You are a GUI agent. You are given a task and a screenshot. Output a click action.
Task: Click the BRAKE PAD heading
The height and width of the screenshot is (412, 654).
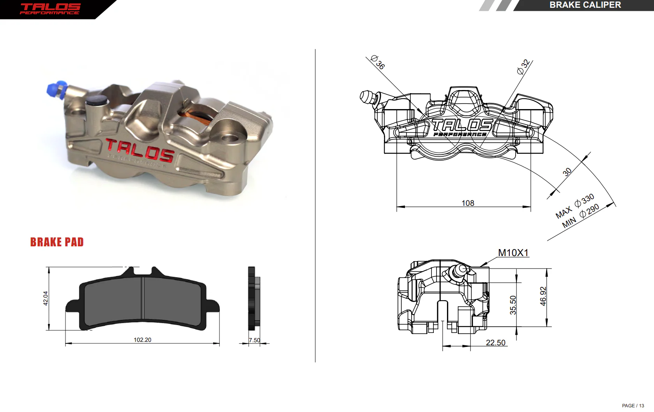click(x=57, y=242)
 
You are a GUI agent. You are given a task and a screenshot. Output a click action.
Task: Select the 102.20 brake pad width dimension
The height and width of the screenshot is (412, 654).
click(x=143, y=340)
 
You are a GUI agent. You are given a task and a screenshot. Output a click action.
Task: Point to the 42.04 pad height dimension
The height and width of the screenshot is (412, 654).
click(x=46, y=299)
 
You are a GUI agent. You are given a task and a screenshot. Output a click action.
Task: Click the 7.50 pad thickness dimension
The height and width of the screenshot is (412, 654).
click(x=254, y=340)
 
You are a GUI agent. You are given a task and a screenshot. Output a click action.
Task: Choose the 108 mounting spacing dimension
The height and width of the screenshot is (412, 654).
click(x=468, y=203)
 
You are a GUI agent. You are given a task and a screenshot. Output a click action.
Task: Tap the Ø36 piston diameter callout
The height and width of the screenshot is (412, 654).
click(x=378, y=62)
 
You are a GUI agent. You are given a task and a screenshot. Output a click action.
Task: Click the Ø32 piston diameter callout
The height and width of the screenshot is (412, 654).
click(x=523, y=67)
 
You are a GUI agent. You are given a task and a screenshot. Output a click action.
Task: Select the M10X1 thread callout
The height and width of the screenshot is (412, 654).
click(x=513, y=253)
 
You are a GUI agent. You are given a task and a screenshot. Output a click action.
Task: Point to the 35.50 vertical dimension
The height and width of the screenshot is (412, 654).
click(x=513, y=305)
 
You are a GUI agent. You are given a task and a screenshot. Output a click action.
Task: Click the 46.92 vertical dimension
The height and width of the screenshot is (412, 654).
click(x=543, y=296)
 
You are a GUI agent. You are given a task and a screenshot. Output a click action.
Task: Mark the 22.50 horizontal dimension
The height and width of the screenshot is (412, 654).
click(x=495, y=343)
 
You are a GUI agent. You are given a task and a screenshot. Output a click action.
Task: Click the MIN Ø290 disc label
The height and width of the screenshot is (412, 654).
click(x=581, y=216)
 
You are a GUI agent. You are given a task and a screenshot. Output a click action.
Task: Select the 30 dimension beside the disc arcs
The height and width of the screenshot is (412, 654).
click(x=567, y=172)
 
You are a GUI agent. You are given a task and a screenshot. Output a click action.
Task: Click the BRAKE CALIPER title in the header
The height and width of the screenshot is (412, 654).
click(x=585, y=5)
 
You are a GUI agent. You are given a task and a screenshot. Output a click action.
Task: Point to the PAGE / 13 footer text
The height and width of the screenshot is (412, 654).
click(x=633, y=406)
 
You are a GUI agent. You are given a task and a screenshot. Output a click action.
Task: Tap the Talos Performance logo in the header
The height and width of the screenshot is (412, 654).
click(x=50, y=9)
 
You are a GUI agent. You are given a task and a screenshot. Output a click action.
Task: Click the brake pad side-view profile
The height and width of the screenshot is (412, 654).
click(x=254, y=299)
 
